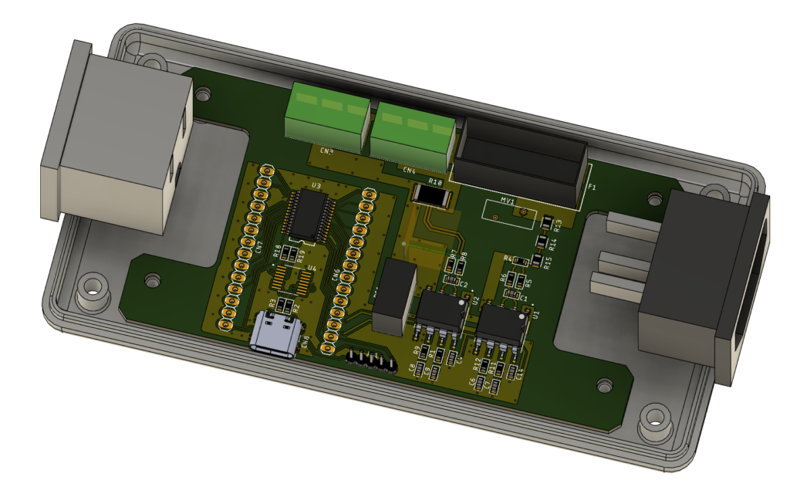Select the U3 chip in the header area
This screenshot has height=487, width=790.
click(x=306, y=214)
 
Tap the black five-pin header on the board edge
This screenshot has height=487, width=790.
click(x=369, y=358)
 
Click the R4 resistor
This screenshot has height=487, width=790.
click(x=518, y=259)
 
